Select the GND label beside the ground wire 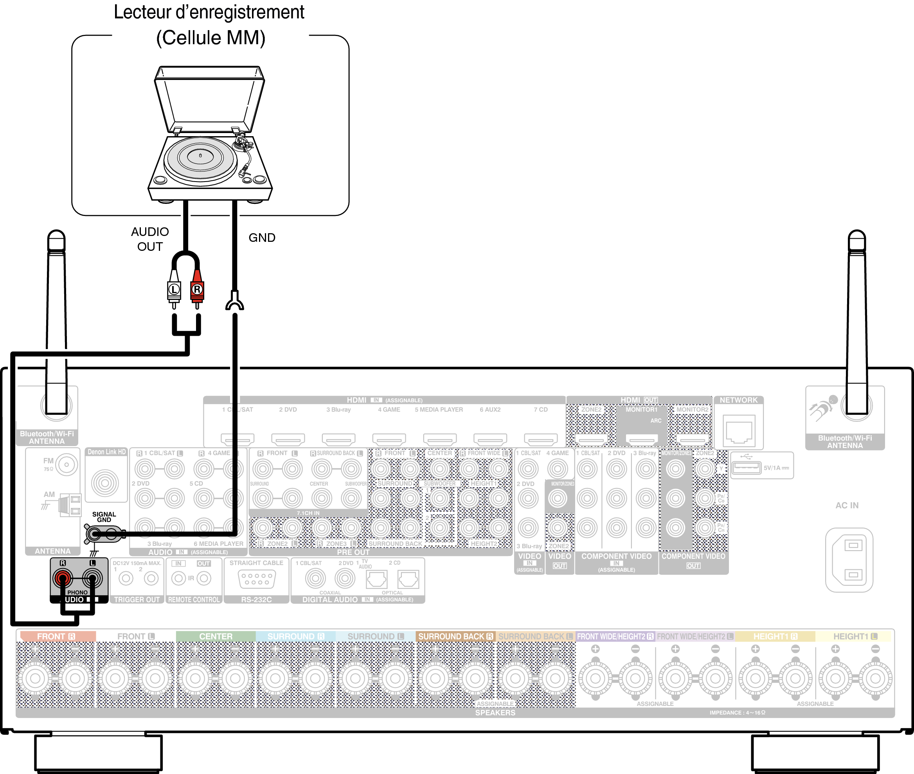[x=262, y=238]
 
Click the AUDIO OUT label [x=150, y=239]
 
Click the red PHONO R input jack [x=63, y=578]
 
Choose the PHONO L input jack [x=92, y=578]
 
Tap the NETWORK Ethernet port [x=739, y=432]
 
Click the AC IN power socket [x=849, y=560]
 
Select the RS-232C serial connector [x=257, y=579]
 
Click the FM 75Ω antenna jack [x=67, y=464]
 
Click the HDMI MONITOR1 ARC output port [x=642, y=439]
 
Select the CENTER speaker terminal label [x=216, y=636]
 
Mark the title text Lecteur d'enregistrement [x=209, y=12]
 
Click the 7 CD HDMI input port [x=541, y=439]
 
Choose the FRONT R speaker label [x=56, y=636]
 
